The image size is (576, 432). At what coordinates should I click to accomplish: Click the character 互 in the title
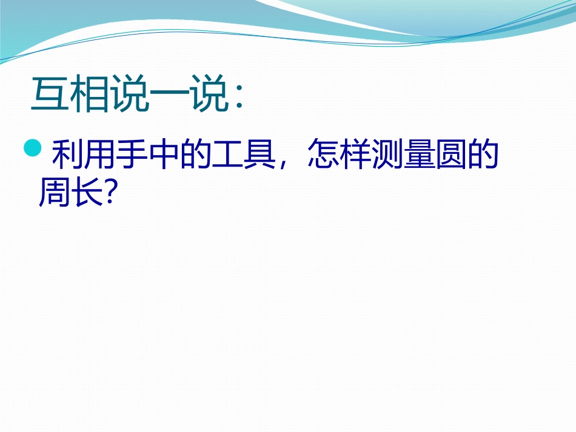pos(50,95)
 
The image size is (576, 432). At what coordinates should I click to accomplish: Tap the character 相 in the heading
pos(89,95)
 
